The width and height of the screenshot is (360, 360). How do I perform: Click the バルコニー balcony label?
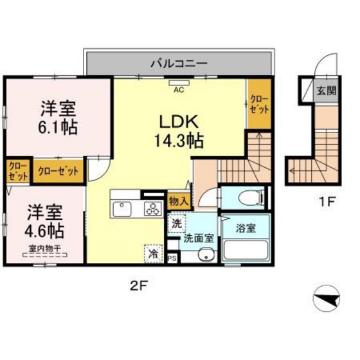(x=178, y=63)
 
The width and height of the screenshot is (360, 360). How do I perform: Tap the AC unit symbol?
(x=178, y=84)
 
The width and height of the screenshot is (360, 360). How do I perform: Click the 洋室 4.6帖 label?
(x=45, y=220)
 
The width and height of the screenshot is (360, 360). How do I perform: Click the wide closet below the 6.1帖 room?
(x=59, y=171)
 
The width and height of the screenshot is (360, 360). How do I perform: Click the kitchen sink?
(x=122, y=208)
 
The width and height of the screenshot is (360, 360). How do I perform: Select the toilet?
(x=248, y=197)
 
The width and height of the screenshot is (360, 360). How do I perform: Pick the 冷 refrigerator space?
(x=153, y=253)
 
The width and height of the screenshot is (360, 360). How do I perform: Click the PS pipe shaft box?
(x=172, y=258)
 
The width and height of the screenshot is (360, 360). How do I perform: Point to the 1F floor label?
(x=327, y=202)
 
